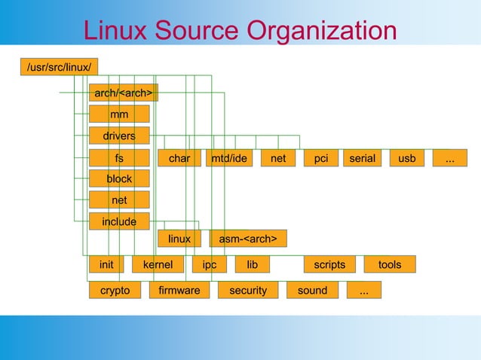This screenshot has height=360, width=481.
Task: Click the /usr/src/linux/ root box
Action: point(60,68)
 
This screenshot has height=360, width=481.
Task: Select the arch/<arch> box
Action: point(124,93)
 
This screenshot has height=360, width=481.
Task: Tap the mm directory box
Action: point(119,114)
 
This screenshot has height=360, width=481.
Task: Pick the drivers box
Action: point(119,136)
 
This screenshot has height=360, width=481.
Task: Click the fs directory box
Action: point(119,158)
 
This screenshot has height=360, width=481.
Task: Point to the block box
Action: point(119,179)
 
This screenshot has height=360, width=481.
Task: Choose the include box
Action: point(119,221)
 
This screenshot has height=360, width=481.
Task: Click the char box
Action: point(179,158)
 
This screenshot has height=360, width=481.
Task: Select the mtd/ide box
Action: point(229,158)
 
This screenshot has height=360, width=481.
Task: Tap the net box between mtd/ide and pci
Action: point(278,158)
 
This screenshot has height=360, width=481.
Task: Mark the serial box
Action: point(363,158)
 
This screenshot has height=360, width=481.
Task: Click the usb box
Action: point(407,158)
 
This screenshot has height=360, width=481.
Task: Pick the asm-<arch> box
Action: point(248,239)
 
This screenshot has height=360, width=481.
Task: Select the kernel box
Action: point(158,265)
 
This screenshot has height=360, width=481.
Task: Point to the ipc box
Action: point(209,265)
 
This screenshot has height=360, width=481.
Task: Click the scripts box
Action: point(329,265)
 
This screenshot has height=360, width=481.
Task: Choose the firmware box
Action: point(179,290)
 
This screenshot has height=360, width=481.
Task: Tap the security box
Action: point(248,290)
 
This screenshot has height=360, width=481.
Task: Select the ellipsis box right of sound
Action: point(364,290)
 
